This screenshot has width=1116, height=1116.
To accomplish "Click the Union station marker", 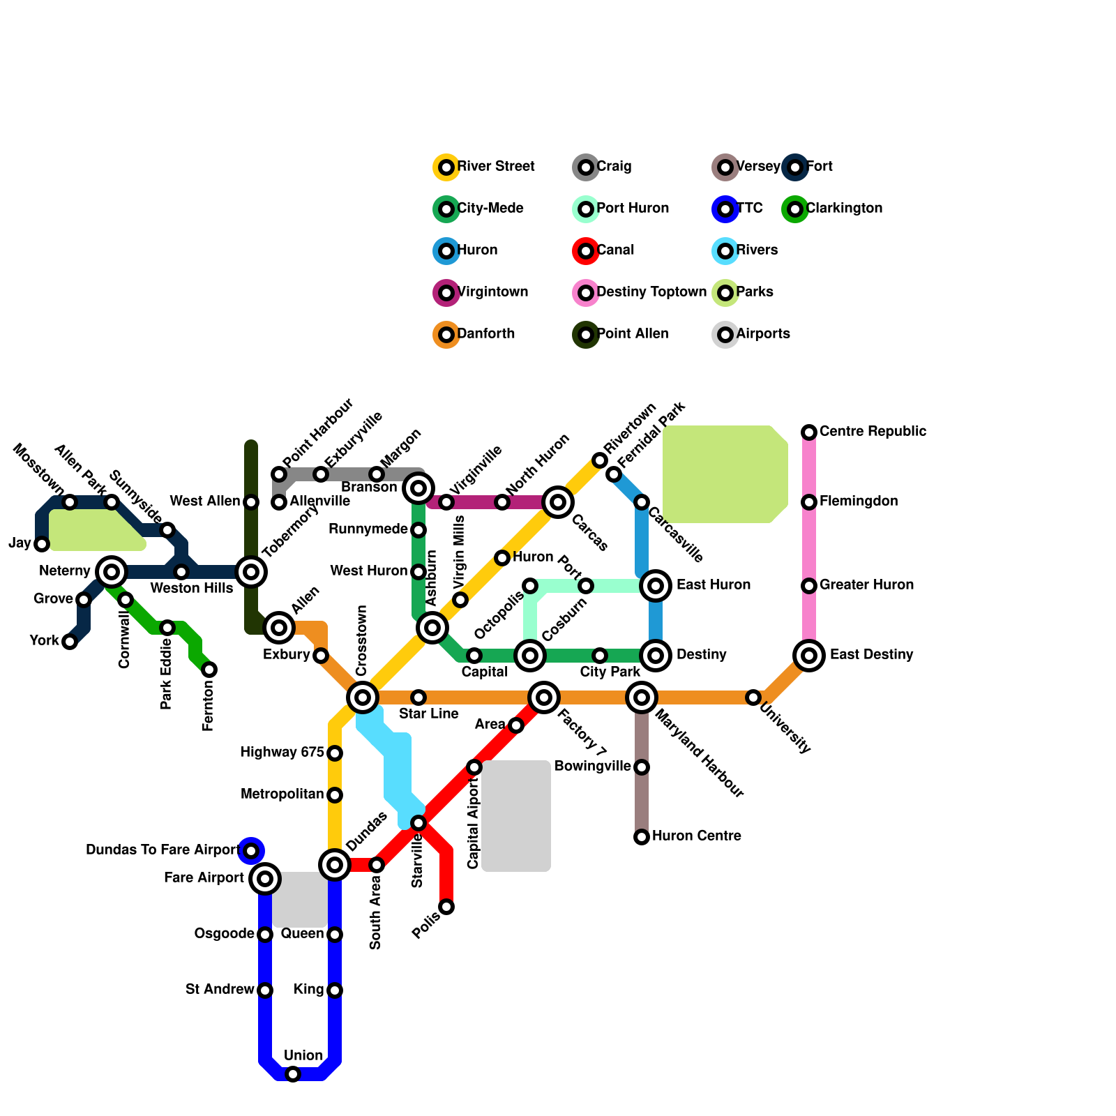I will [x=293, y=1074].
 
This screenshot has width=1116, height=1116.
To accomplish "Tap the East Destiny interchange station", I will [x=809, y=656].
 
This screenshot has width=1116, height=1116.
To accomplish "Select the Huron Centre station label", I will [x=696, y=836].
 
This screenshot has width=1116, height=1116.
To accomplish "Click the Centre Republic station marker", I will [x=809, y=432].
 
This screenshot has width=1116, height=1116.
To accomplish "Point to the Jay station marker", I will [x=42, y=544].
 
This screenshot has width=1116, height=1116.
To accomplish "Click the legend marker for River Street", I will [x=446, y=167].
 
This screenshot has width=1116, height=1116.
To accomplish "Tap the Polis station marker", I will [x=446, y=907].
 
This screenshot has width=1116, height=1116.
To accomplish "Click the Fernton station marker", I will [x=209, y=670].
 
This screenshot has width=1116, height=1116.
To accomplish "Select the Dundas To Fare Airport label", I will [x=163, y=850].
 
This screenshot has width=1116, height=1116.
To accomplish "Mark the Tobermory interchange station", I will [x=251, y=572].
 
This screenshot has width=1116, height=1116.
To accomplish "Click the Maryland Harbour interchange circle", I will [x=642, y=697].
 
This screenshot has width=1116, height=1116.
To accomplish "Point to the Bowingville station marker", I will [x=642, y=767].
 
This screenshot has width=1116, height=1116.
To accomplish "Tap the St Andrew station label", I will [x=220, y=990].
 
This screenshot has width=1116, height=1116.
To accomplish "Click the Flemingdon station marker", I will [x=809, y=502].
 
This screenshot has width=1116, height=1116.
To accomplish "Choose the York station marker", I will [x=70, y=642].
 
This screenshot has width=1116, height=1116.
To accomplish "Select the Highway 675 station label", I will [x=282, y=753].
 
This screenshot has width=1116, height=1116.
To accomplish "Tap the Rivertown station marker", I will [x=600, y=460].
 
